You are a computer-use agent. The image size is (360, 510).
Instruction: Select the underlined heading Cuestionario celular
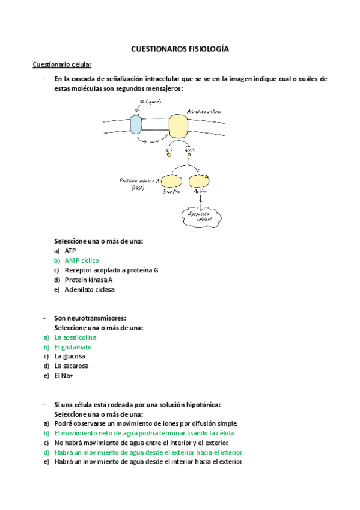62,64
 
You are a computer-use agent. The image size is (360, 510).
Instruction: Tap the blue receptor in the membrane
136,124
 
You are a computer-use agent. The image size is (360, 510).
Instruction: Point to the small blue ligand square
142,102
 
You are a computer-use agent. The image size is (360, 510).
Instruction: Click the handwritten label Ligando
153,102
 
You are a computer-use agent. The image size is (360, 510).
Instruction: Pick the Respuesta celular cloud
200,216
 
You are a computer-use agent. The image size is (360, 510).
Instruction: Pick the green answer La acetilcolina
75,337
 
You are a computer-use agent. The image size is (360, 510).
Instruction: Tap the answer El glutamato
73,347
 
